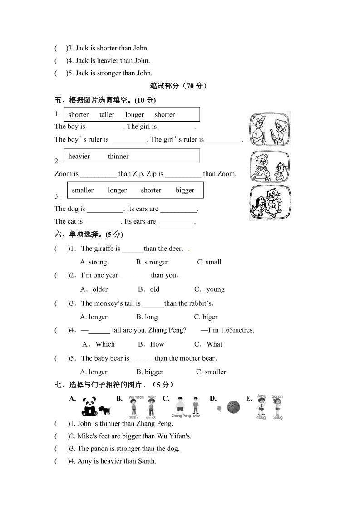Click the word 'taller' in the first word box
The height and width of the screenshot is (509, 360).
pos(107,115)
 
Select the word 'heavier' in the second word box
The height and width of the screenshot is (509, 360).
pos(79,157)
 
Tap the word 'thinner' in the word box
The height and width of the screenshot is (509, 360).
pos(118,157)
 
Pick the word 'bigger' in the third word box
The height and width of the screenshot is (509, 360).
pos(185,191)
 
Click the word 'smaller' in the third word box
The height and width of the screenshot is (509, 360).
pos(83,191)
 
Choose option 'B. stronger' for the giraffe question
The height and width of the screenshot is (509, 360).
pos(152,262)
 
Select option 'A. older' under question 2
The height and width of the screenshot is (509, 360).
pos(94,289)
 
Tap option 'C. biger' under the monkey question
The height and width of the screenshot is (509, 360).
pos(206,317)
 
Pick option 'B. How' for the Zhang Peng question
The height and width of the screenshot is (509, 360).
pos(151,344)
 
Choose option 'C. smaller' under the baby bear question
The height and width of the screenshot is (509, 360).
pos(211,372)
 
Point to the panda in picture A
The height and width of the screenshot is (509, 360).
pos(89,406)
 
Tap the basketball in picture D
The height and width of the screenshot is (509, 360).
pos(233,407)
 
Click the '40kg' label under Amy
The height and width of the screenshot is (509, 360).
pos(261,417)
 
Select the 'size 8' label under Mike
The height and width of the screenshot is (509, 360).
pos(151,417)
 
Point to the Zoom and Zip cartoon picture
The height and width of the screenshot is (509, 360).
pos(270,166)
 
